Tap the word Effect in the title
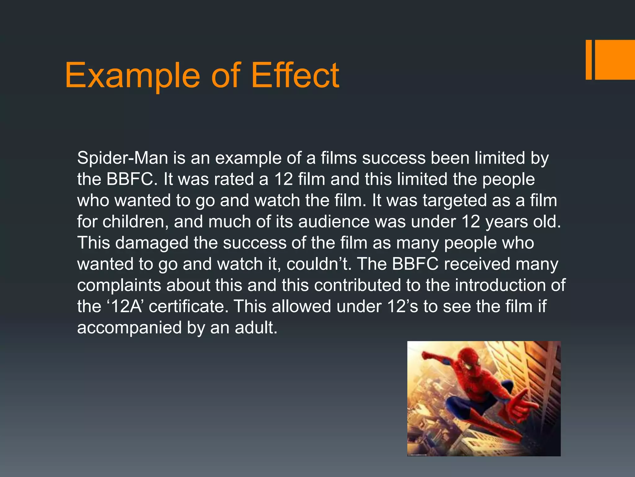pos(295,75)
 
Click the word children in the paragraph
pos(135,222)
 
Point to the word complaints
pos(119,285)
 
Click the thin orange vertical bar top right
pos(588,60)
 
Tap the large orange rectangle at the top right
pos(615,60)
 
